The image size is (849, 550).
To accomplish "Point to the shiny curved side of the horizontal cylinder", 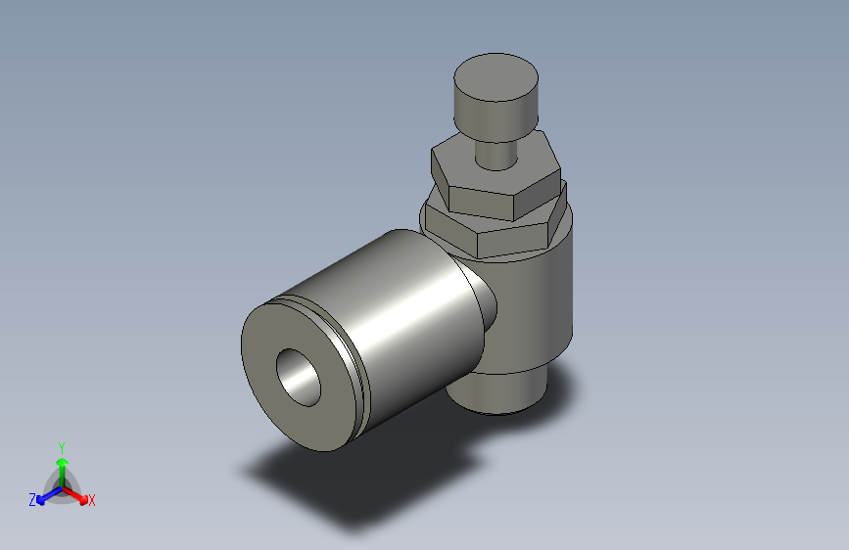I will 411,313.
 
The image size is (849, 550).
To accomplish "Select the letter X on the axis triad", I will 92,501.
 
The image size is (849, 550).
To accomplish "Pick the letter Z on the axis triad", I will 32,500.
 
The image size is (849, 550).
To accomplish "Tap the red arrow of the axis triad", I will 78,494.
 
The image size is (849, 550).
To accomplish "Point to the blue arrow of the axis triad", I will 45,495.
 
